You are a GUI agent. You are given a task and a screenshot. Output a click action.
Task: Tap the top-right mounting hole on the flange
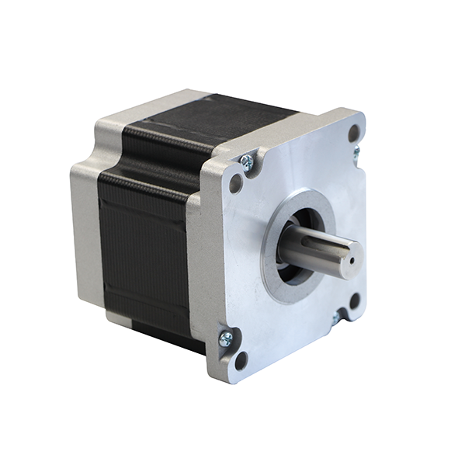[x=354, y=134]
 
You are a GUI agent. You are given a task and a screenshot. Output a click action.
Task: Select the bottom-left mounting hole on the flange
[x=241, y=359]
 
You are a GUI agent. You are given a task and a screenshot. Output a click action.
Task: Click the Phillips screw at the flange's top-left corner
[x=246, y=162]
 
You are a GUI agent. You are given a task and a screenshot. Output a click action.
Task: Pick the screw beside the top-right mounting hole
[x=357, y=153]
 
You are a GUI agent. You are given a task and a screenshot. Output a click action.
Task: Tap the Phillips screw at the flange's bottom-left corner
[x=226, y=338]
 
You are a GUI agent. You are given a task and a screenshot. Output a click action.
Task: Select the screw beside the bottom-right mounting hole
[x=337, y=318]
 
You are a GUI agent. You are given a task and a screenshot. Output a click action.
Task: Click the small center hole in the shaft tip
[x=350, y=262]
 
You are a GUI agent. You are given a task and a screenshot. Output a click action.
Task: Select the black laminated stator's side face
[x=144, y=248]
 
